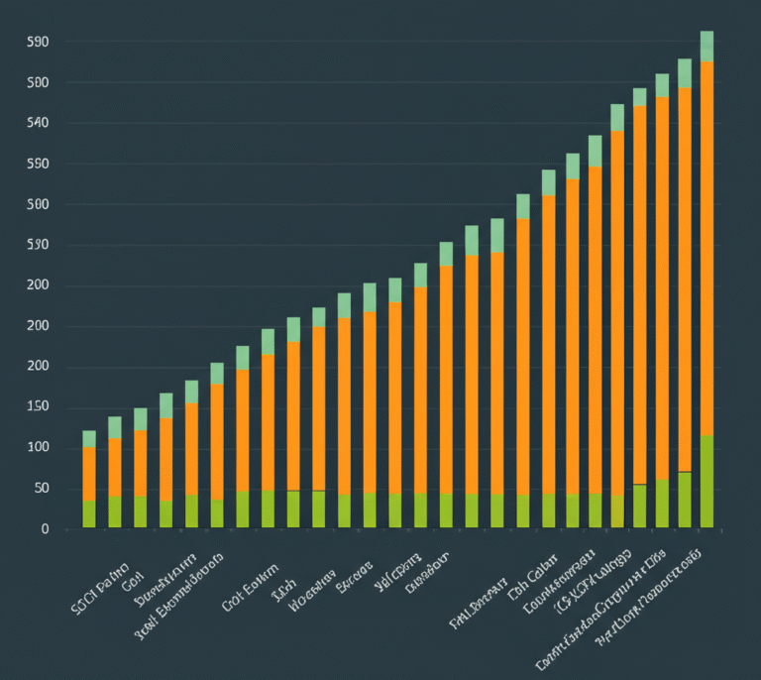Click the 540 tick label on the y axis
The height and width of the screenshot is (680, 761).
point(38,123)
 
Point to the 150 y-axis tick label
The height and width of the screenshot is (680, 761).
point(38,407)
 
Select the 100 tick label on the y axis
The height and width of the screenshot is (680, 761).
point(38,448)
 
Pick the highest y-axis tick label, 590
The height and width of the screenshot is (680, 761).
point(38,42)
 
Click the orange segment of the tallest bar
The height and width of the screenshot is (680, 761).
point(707,248)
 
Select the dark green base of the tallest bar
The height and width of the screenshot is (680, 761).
point(707,482)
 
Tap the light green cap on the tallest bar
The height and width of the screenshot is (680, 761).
point(707,47)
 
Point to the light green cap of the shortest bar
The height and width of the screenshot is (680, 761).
point(89,439)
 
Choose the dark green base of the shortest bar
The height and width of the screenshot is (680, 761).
point(89,513)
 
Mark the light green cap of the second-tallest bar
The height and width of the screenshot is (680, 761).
point(685,73)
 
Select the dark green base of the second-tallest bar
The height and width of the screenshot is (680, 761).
point(685,500)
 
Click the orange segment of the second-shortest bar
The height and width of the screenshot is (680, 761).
point(115,467)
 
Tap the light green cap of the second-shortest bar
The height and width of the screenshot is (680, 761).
point(115,427)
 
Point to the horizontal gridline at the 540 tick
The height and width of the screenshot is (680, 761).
point(396,123)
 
